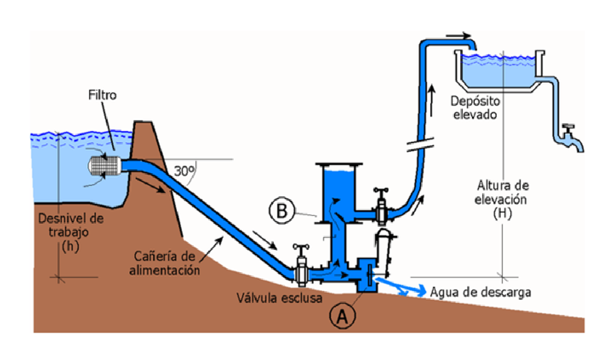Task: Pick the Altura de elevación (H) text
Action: click(x=503, y=199)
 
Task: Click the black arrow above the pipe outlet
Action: click(x=458, y=36)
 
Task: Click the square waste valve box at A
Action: click(x=367, y=275)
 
